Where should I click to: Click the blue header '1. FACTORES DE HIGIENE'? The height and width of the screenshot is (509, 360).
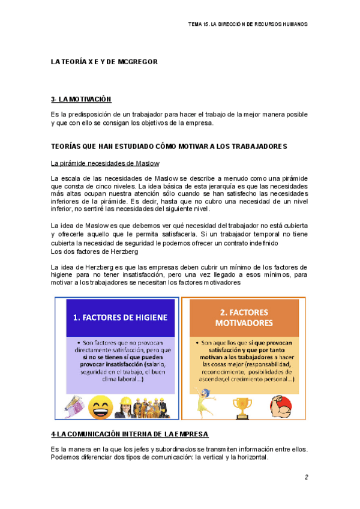point(119,318)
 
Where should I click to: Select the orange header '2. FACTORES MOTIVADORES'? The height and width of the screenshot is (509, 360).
point(243,317)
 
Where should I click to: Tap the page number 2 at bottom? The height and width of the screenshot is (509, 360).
point(305,477)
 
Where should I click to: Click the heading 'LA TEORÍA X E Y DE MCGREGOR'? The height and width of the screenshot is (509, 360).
point(103,62)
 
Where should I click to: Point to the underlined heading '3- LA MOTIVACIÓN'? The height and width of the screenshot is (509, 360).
point(82,99)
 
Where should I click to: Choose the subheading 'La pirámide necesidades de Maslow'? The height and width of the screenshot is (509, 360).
point(105,163)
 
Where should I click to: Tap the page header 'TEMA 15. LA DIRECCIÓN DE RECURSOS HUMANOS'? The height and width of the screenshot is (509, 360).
point(247,25)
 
